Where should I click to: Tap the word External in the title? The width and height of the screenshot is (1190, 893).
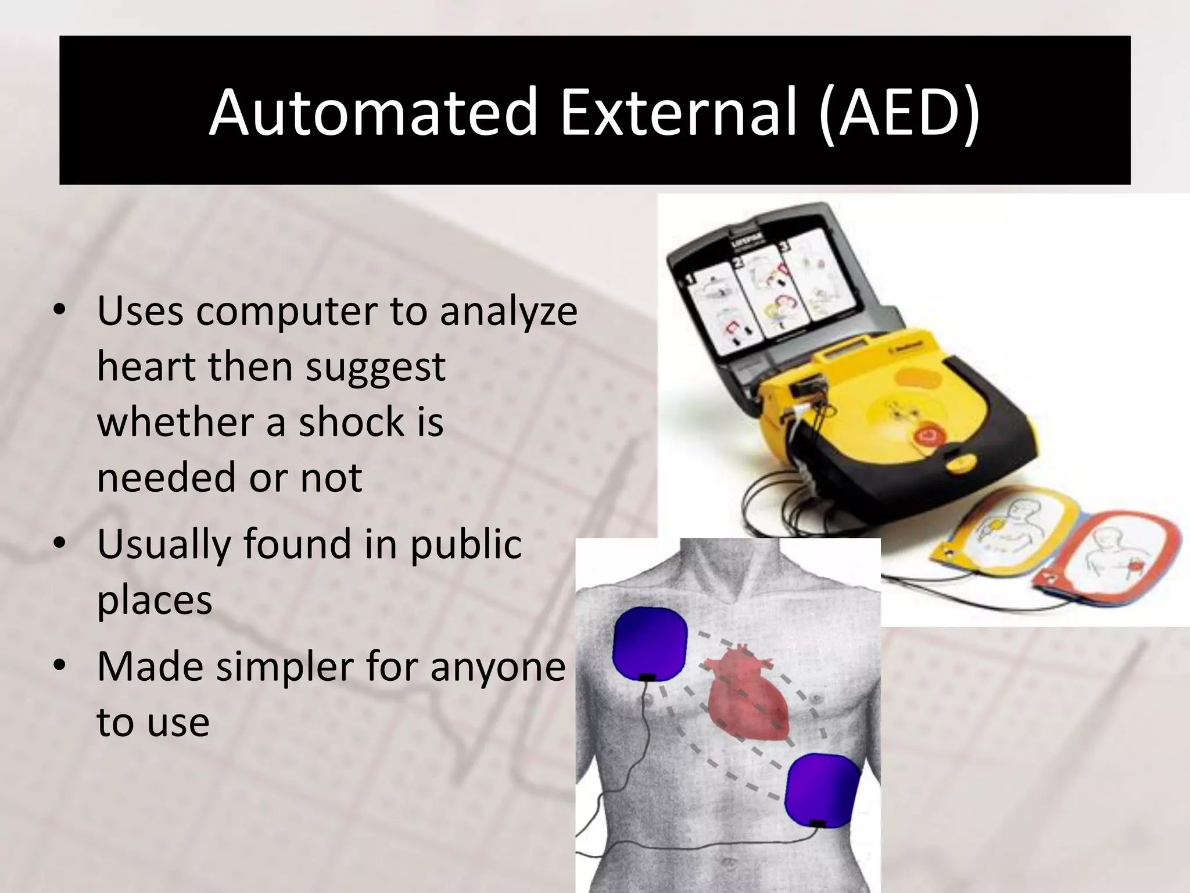678,112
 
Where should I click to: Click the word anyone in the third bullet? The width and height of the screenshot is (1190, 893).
497,667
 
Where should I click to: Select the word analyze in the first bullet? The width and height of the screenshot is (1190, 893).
508,311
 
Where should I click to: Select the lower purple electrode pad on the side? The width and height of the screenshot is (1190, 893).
822,790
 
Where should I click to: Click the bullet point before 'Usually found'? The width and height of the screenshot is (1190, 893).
59,544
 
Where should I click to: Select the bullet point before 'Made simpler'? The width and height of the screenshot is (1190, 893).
59,667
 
